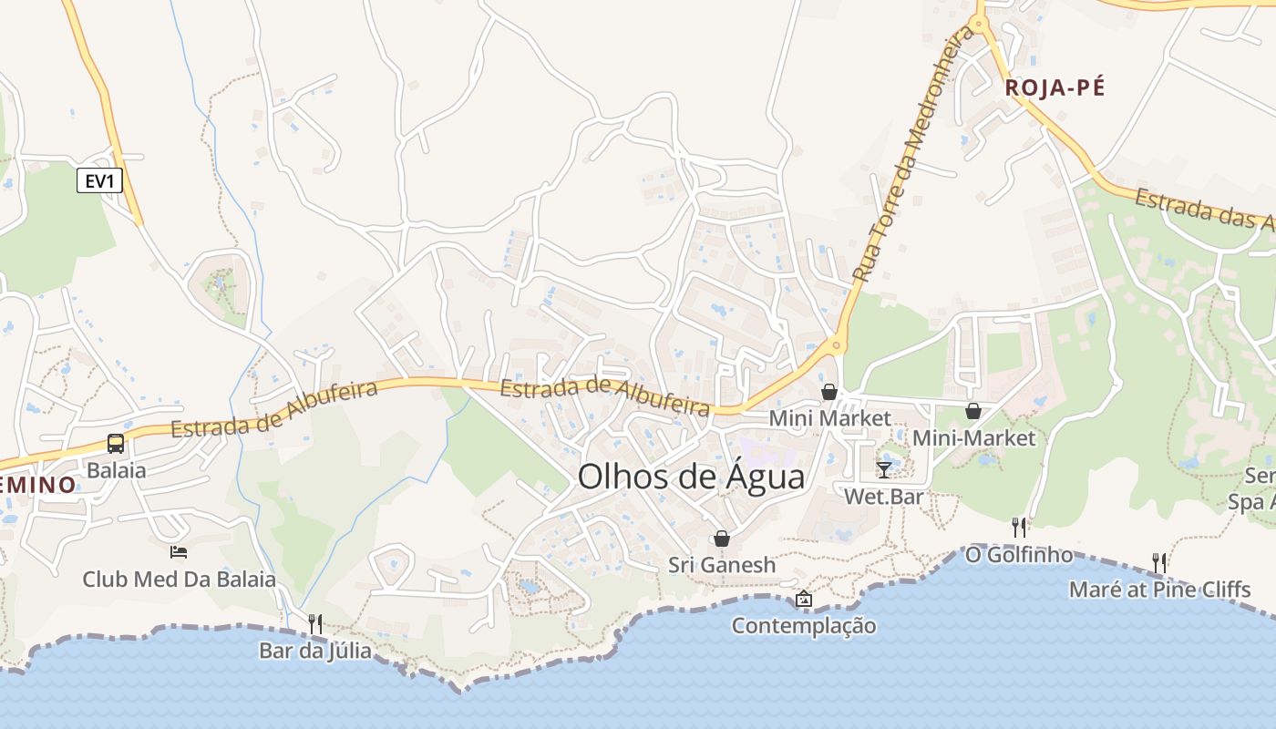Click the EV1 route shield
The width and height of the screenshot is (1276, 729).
coord(99,181)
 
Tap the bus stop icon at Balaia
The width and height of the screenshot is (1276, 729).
coord(116,444)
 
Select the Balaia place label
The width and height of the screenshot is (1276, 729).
coord(116,471)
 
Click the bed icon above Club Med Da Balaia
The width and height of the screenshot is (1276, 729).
coord(179,552)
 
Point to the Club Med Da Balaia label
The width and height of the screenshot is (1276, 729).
coord(179,580)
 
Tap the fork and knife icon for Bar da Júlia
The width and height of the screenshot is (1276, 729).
coord(315,624)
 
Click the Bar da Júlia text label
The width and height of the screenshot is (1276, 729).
coord(315,651)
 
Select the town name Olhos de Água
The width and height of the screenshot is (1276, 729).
coord(691,477)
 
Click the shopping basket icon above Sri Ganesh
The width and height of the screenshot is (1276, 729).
coord(722,539)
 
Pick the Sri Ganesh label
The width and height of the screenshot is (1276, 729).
coord(722,565)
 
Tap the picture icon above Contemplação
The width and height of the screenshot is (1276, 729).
coord(803,599)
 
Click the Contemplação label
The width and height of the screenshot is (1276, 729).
coord(803,626)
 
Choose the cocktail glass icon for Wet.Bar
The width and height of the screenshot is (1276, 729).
coord(883,469)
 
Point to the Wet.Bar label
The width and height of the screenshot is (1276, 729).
coord(883,497)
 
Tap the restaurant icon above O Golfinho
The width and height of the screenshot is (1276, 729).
coord(1019,528)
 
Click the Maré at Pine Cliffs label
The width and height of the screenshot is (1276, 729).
coord(1159,590)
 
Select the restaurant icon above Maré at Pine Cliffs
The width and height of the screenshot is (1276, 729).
coord(1158,562)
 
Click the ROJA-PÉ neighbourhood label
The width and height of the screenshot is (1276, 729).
coord(1055,88)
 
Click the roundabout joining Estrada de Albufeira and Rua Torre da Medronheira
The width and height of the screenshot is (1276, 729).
coord(835,345)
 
